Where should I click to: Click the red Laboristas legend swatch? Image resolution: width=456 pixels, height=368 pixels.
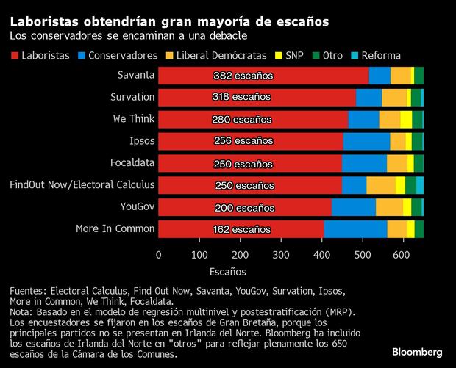[15, 56]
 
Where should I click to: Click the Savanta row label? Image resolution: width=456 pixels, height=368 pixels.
[135, 75]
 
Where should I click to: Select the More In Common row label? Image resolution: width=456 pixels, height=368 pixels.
[115, 229]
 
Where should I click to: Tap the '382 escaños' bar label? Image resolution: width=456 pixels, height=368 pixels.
[243, 76]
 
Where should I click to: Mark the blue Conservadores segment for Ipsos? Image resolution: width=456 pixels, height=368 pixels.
[366, 141]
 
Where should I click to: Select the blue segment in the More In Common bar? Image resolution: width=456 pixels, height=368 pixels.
[355, 229]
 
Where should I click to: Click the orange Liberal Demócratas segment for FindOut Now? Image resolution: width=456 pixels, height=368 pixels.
[381, 185]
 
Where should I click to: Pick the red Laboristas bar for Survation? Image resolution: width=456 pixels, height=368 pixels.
[257, 97]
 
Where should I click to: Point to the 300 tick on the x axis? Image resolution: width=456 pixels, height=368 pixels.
[280, 255]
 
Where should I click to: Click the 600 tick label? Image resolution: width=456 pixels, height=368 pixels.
[401, 255]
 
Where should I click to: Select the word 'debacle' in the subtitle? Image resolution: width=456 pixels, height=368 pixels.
[223, 36]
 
